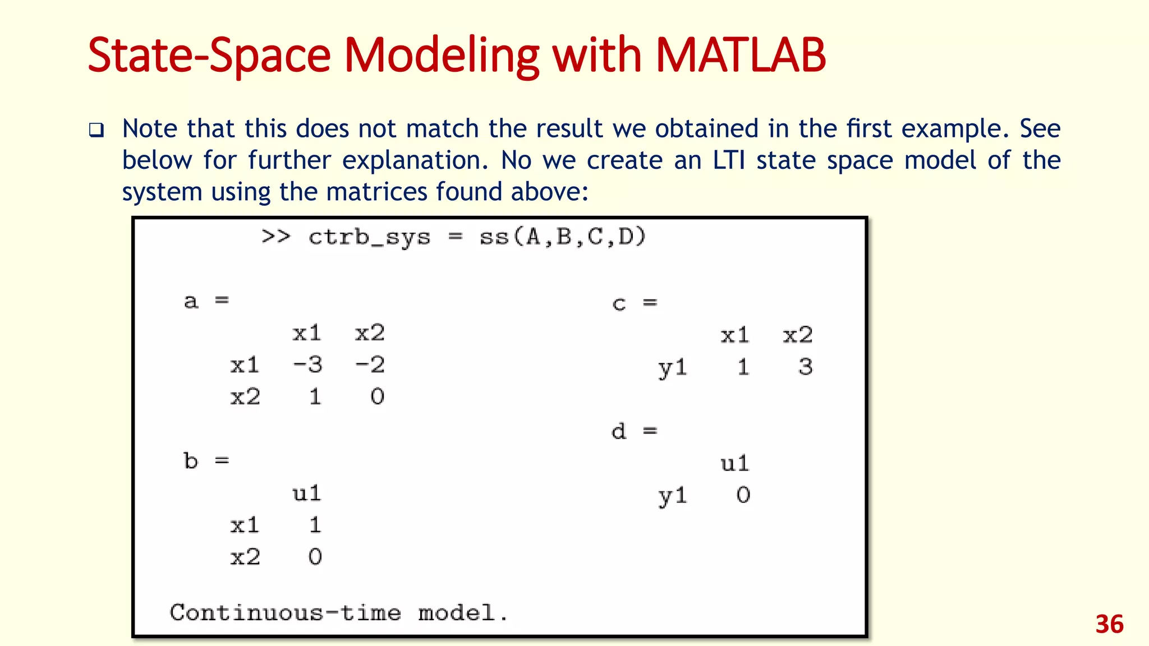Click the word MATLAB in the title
pyautogui.click(x=740, y=55)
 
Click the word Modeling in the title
pyautogui.click(x=442, y=56)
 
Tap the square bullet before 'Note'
pyautogui.click(x=96, y=131)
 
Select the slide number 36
pyautogui.click(x=1109, y=624)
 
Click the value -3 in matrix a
pyautogui.click(x=308, y=365)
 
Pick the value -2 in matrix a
pyautogui.click(x=370, y=365)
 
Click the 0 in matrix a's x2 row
pyautogui.click(x=378, y=397)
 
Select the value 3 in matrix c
pyautogui.click(x=806, y=367)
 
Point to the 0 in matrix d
pyautogui.click(x=743, y=495)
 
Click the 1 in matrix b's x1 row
pyautogui.click(x=315, y=525)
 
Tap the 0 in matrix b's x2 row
pyautogui.click(x=315, y=557)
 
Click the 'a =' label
pyautogui.click(x=206, y=301)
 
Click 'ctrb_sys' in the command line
pyautogui.click(x=369, y=237)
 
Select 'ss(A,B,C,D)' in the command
pyautogui.click(x=563, y=237)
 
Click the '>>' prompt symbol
pyautogui.click(x=276, y=237)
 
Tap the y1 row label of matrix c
pyautogui.click(x=672, y=368)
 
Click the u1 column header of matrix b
pyautogui.click(x=307, y=493)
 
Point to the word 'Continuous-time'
pyautogui.click(x=285, y=612)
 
